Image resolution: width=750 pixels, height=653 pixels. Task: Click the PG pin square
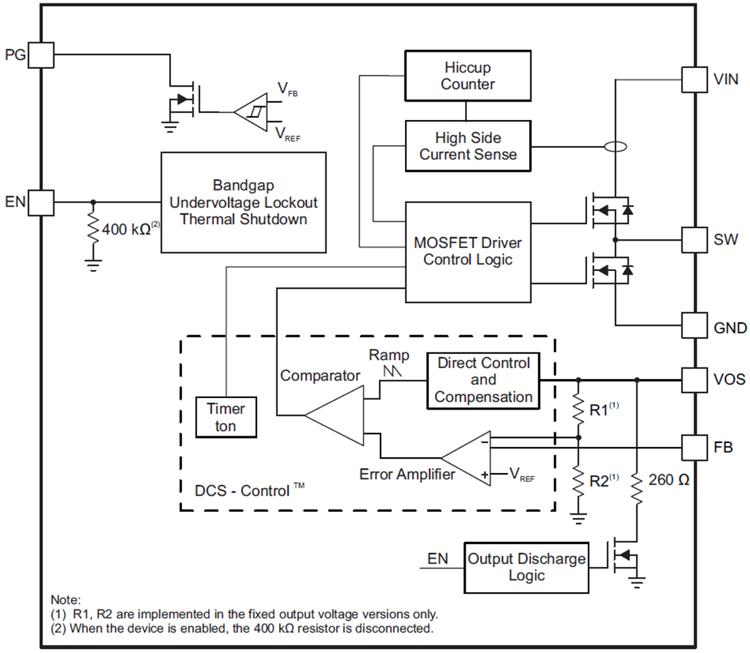(x=41, y=54)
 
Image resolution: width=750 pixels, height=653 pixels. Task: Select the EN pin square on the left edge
(x=41, y=202)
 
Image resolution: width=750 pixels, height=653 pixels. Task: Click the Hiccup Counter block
(x=467, y=76)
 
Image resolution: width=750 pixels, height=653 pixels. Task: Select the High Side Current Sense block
(x=468, y=146)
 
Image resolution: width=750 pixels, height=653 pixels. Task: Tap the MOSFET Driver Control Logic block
(x=468, y=252)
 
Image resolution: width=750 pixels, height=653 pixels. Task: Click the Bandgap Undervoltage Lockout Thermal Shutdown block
(x=243, y=202)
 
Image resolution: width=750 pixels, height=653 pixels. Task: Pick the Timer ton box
(x=226, y=417)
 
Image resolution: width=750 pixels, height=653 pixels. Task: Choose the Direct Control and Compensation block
(x=483, y=380)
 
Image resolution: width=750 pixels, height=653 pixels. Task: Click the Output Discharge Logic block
(x=526, y=567)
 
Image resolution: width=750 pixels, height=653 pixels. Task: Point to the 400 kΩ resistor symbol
(x=93, y=230)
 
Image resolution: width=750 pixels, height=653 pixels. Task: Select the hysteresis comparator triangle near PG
(x=253, y=111)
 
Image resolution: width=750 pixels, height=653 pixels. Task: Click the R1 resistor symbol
(x=578, y=408)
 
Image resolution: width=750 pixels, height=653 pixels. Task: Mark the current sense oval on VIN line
(x=616, y=146)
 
